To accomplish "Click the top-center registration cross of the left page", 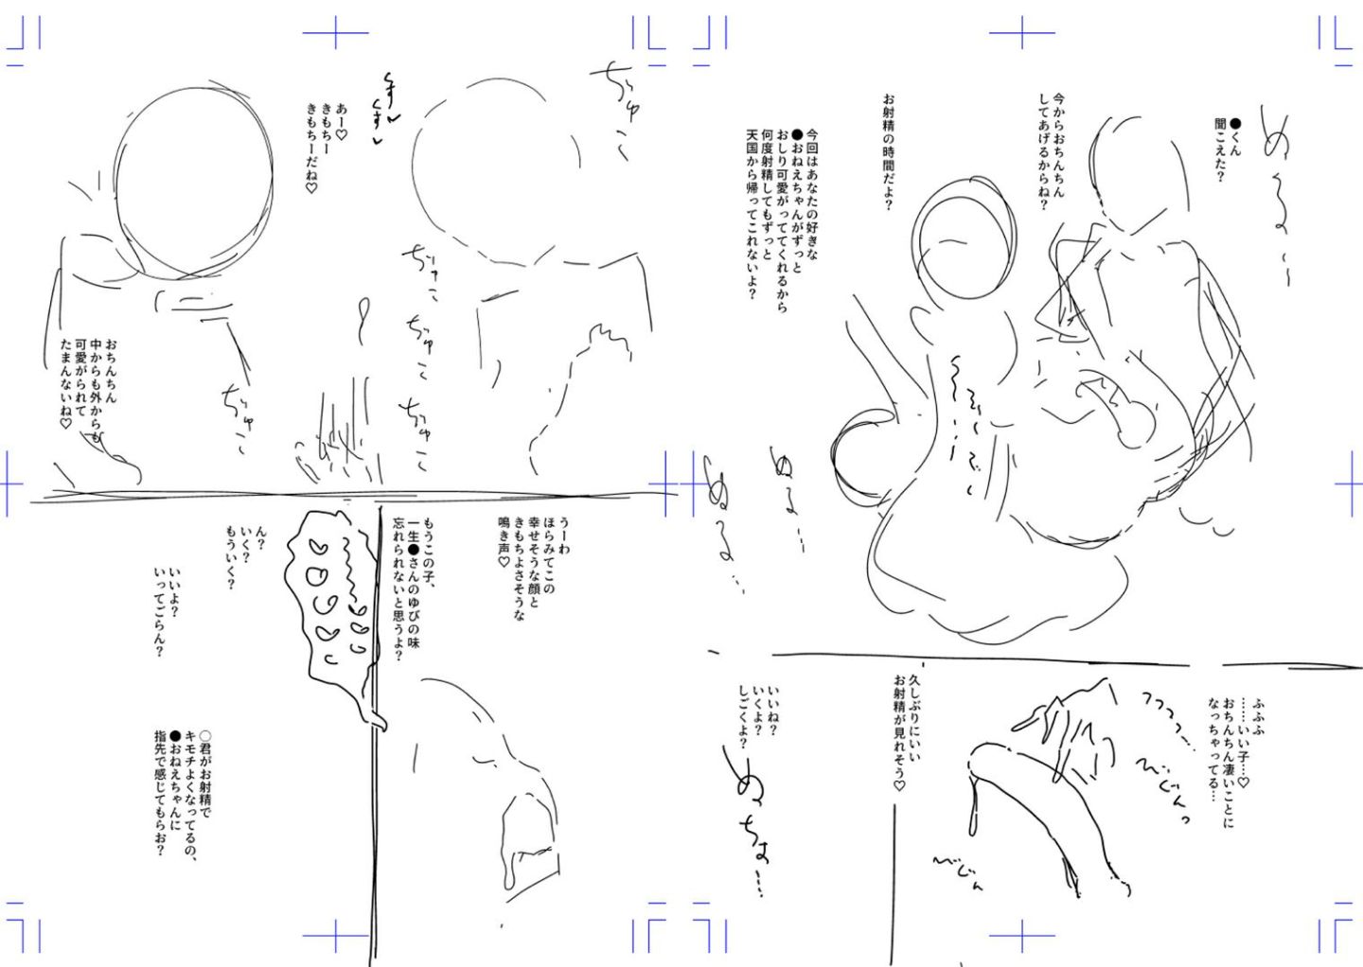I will point(335,33).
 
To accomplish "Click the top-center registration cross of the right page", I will point(1021,33).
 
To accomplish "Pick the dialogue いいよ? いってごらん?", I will point(168,611).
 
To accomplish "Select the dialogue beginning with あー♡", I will point(326,147).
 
